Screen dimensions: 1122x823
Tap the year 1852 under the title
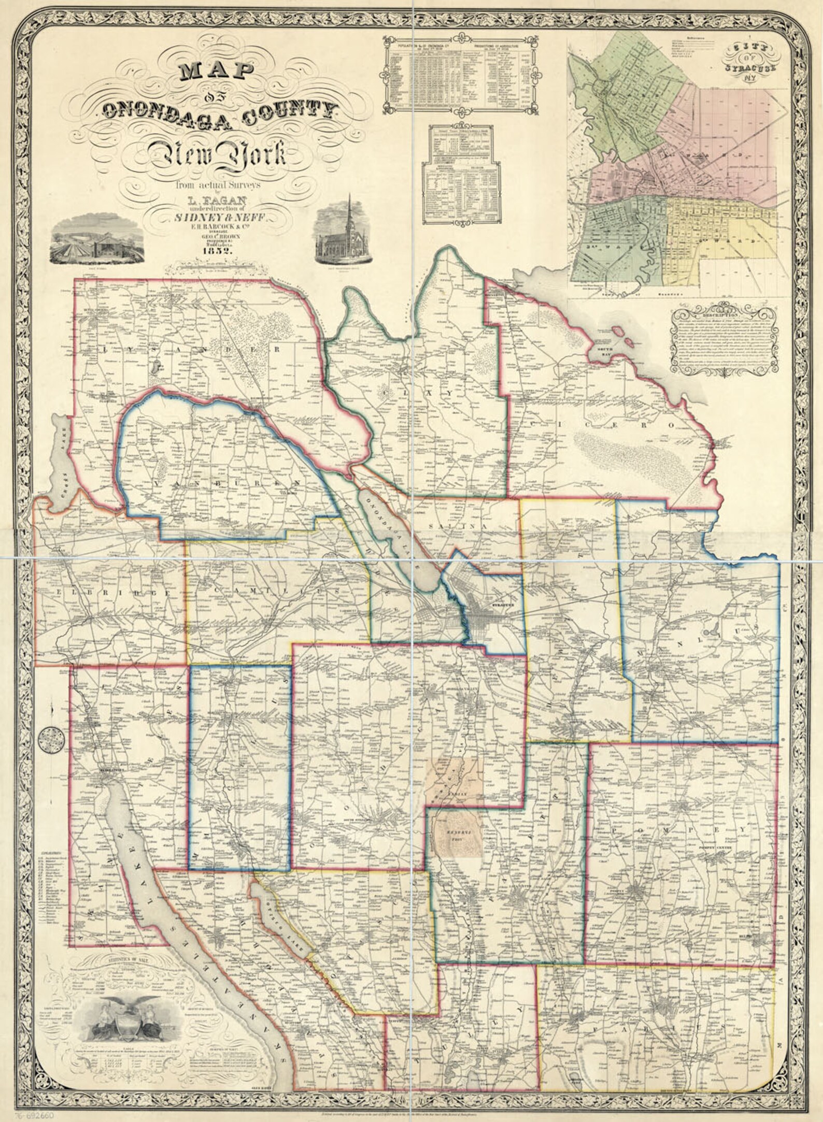click(x=217, y=250)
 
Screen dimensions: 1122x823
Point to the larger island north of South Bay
click(x=617, y=330)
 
